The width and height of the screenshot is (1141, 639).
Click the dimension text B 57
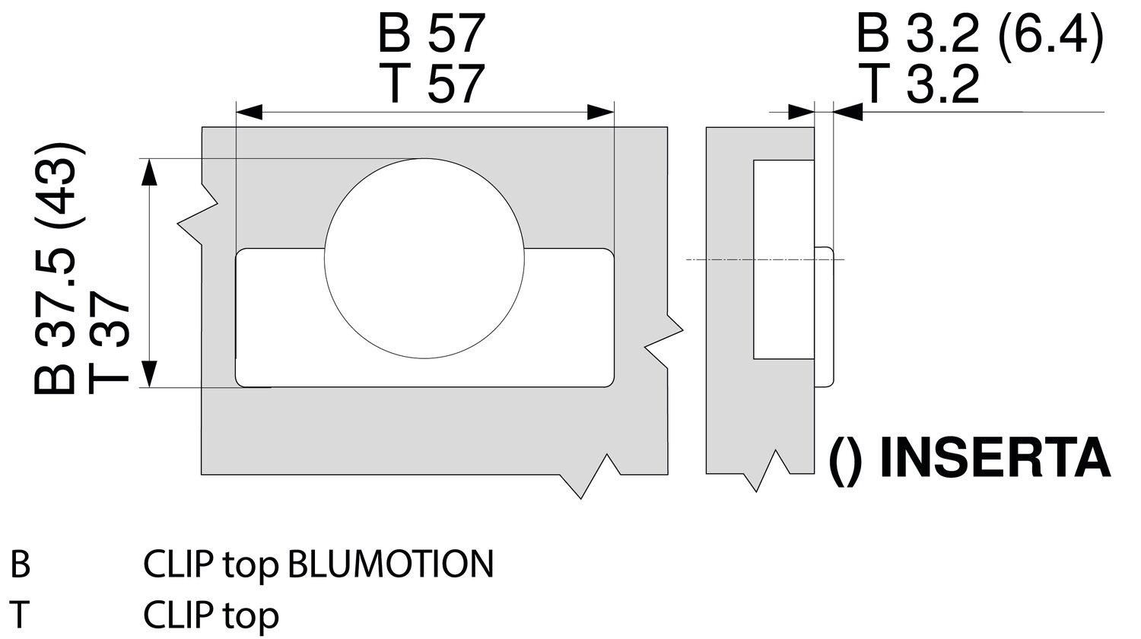pos(431,35)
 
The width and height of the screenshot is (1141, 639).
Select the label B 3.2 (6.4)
pos(979,33)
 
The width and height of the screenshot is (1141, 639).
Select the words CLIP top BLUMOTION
pos(318,564)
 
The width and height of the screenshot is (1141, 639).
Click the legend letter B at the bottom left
pos(20,565)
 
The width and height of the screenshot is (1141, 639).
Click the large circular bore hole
pos(424,259)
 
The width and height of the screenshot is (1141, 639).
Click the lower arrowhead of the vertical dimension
pos(151,374)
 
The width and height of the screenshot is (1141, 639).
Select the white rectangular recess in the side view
pos(783,259)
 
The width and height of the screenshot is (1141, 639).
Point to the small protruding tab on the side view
pos(825,316)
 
